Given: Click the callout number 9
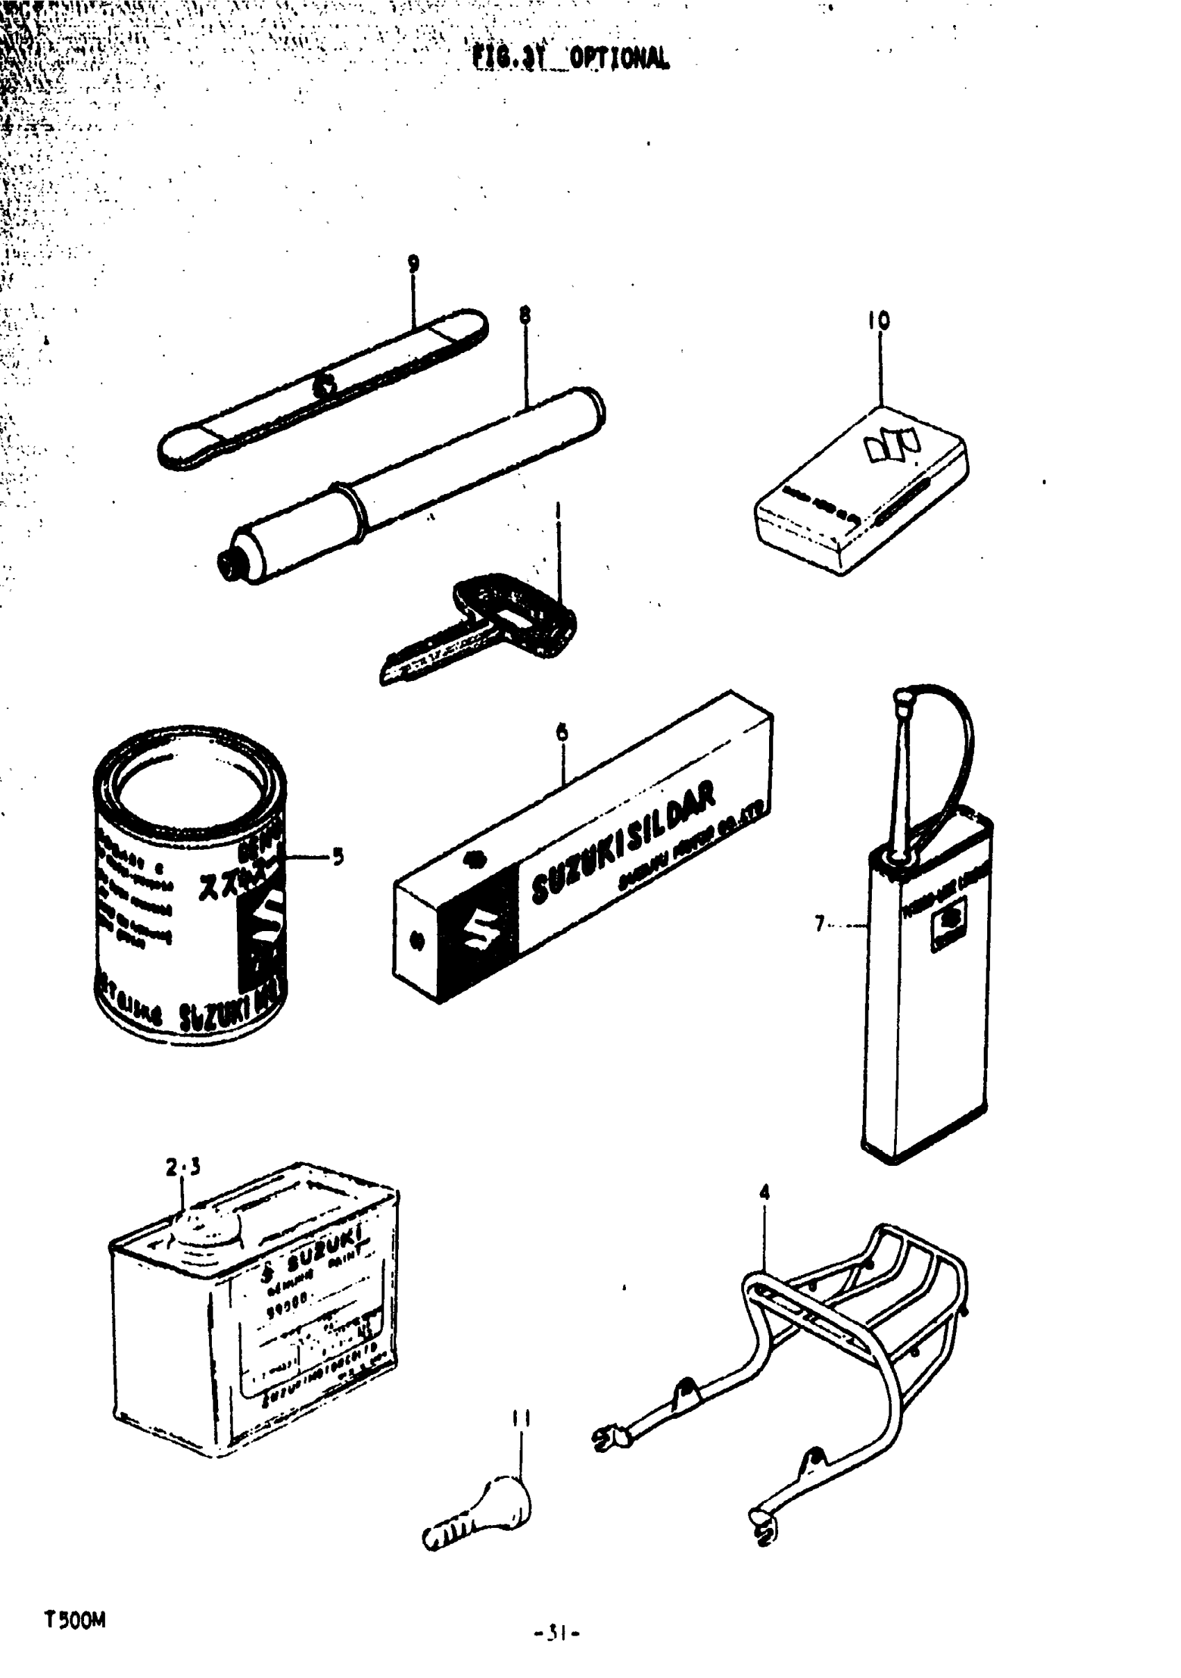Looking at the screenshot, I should click(413, 263).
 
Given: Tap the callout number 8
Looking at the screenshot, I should click(525, 315).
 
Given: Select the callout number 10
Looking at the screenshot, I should click(879, 320).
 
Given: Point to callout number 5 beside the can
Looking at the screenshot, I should click(338, 857).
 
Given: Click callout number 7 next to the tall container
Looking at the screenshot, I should click(820, 925).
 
